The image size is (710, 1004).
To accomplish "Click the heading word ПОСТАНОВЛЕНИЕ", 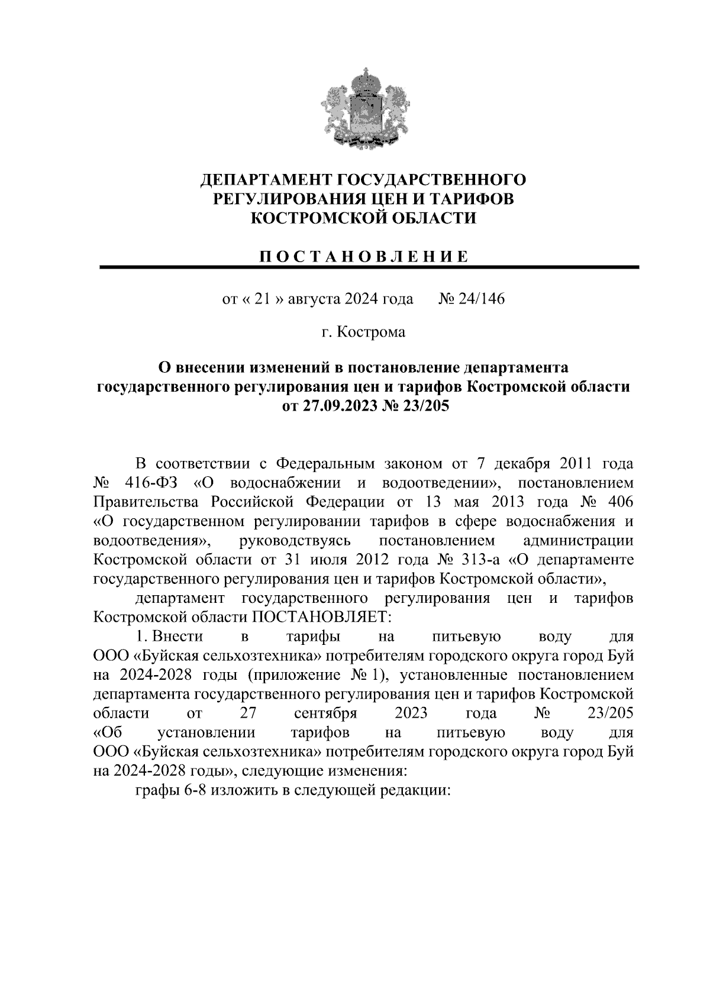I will (x=363, y=256).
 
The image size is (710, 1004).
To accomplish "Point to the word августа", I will (x=315, y=299).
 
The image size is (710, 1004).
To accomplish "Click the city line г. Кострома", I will (x=363, y=332).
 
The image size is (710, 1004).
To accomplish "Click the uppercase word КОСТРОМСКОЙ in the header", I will (x=314, y=218).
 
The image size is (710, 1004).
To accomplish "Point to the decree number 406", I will (x=618, y=502).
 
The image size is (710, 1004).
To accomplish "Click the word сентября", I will (x=325, y=713).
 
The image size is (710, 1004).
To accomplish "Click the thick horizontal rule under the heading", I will (x=369, y=268).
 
